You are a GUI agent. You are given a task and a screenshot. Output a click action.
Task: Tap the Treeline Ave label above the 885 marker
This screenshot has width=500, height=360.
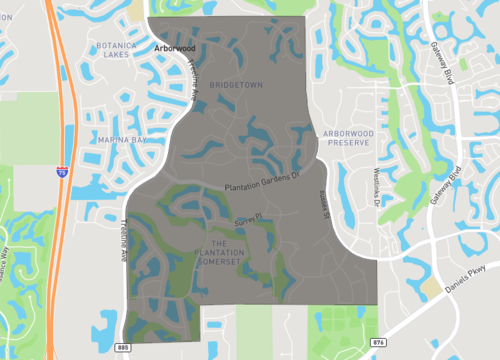click(125, 240)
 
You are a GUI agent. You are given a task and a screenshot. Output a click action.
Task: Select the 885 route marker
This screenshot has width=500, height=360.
click(122, 347)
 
